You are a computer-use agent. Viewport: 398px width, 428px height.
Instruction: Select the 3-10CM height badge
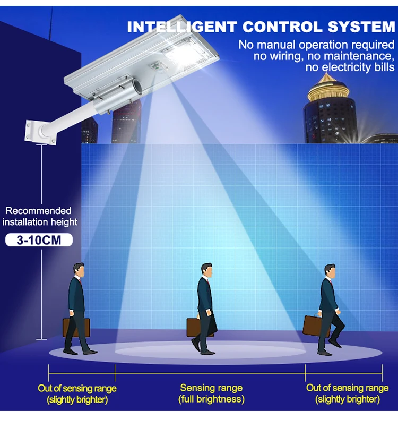point(39,240)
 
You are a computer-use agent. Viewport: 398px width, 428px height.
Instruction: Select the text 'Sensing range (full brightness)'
point(211,393)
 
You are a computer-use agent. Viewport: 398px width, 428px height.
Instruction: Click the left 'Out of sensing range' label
point(77,393)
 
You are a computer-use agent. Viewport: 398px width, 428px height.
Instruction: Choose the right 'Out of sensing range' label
point(347,393)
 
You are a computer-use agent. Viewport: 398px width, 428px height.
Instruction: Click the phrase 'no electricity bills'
point(350,67)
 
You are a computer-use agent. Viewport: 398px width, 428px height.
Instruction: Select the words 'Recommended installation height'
point(39,217)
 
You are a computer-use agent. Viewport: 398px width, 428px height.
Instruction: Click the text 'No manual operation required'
point(316,44)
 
